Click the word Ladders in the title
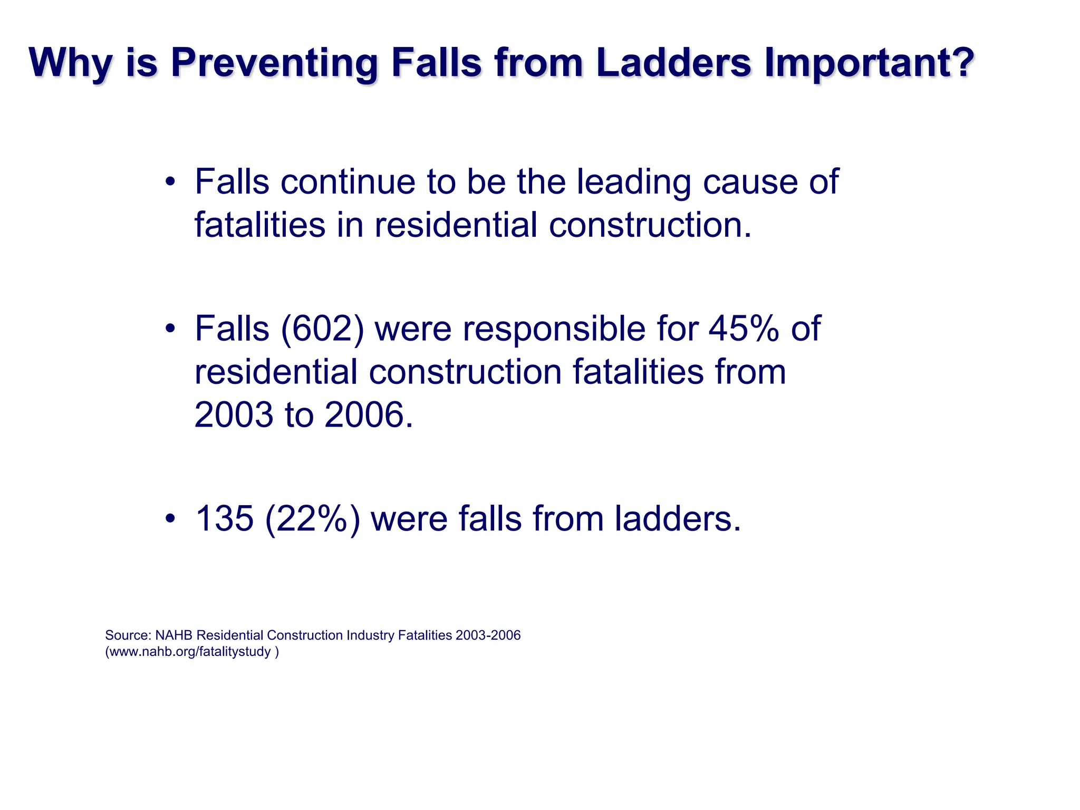coord(673,63)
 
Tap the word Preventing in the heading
coord(274,63)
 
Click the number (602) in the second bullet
coord(322,329)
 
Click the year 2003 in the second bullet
coord(234,415)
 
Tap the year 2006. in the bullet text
coord(369,415)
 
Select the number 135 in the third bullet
coord(225,519)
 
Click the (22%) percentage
coord(313,519)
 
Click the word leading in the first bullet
coord(633,182)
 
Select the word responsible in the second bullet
coord(554,329)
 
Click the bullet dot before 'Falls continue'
coord(169,183)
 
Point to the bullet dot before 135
coord(169,519)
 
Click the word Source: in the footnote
coord(128,635)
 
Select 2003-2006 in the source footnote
coord(488,635)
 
